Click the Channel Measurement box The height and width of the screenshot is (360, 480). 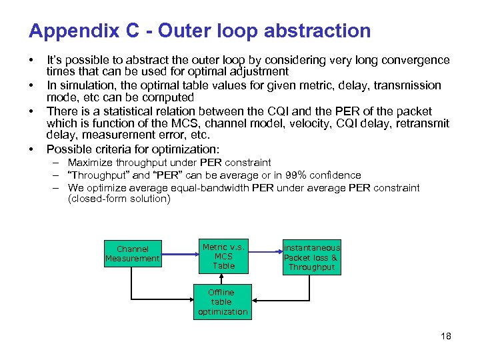pyautogui.click(x=133, y=254)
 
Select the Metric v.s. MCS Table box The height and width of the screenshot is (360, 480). pyautogui.click(x=223, y=256)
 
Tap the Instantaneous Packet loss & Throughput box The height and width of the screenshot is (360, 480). pyautogui.click(x=311, y=257)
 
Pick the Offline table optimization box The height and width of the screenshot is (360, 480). pyautogui.click(x=222, y=302)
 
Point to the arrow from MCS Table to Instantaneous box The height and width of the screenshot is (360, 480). pyautogui.click(x=265, y=252)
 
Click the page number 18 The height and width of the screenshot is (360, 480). pyautogui.click(x=445, y=336)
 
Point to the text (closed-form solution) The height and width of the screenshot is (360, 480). pyautogui.click(x=119, y=199)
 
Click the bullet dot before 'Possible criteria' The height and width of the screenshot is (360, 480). pyautogui.click(x=32, y=149)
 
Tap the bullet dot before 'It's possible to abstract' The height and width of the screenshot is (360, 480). pyautogui.click(x=32, y=60)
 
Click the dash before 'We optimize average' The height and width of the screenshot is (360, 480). pyautogui.click(x=58, y=188)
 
